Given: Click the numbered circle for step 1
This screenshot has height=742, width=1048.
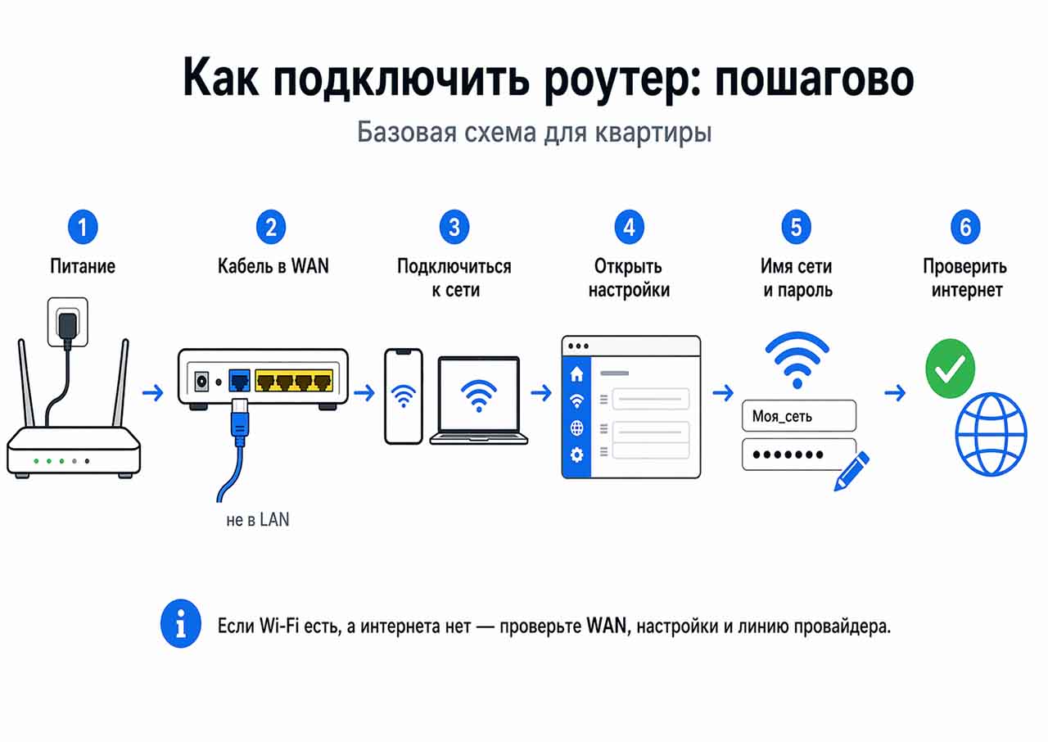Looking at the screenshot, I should (83, 226).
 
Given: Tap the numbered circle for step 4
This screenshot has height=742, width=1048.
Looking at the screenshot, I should (629, 226).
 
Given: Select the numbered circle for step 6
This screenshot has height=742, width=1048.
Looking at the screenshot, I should (965, 226).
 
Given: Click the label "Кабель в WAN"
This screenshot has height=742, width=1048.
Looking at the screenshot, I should (273, 266).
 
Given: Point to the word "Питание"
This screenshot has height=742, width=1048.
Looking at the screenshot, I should (83, 266).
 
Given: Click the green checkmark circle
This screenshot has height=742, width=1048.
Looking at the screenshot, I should (950, 368).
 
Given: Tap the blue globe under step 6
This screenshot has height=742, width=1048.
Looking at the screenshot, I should (991, 434).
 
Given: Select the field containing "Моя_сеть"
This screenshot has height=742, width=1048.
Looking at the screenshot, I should (798, 416).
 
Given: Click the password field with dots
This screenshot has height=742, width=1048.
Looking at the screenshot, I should (798, 455).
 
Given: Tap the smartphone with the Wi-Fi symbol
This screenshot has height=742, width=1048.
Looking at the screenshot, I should (404, 396).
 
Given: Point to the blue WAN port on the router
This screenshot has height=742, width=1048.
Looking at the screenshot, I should (240, 381).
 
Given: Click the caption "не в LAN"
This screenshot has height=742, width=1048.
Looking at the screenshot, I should (258, 520).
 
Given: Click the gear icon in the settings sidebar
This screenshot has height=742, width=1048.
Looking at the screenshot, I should (577, 455).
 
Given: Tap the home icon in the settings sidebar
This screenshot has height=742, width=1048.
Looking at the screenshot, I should (577, 374).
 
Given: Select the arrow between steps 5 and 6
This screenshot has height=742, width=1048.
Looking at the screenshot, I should (896, 394).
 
